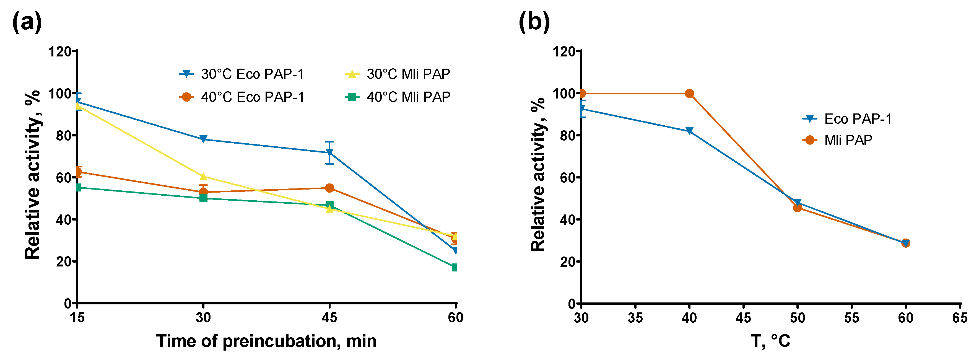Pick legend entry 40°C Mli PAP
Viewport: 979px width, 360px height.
(398, 97)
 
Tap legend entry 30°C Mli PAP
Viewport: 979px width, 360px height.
(398, 74)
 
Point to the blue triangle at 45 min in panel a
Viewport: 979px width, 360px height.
(329, 153)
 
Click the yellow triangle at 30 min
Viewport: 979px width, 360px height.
(203, 176)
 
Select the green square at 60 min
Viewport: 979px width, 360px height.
(455, 268)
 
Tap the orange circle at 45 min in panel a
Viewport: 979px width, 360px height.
(329, 188)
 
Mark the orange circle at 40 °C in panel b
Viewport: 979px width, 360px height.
(689, 94)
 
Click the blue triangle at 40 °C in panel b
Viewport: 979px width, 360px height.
(689, 131)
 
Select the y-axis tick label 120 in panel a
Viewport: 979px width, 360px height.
(60, 51)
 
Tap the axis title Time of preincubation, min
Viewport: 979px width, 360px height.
(266, 341)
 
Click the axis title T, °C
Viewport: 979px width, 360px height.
(770, 341)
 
